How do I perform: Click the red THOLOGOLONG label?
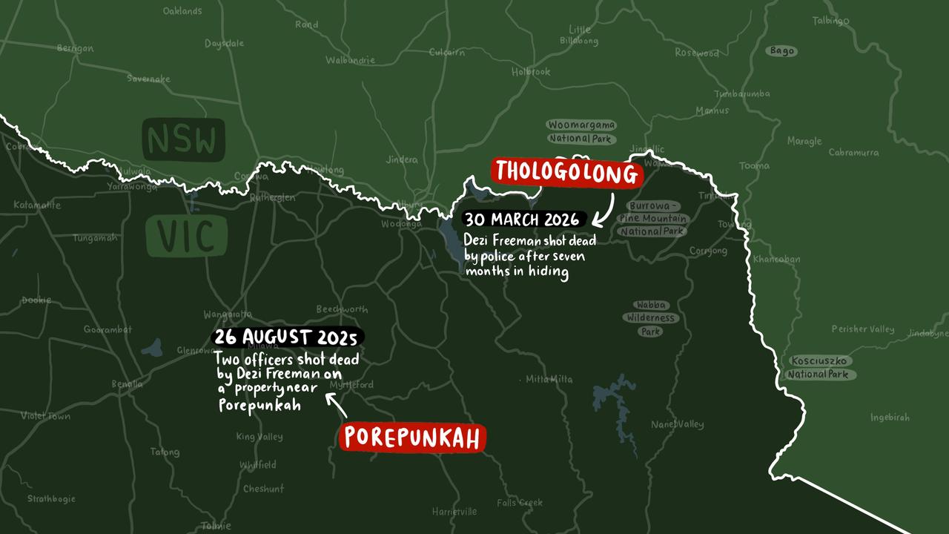pos(566,172)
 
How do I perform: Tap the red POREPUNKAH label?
pos(413,438)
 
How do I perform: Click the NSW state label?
pos(183,140)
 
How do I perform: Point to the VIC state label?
pos(186,237)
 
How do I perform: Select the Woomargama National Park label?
pos(581,131)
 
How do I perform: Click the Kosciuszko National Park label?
pos(820,367)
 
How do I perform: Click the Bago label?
pos(781,51)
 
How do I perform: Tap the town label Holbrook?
pos(531,72)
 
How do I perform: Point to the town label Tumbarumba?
pos(741,93)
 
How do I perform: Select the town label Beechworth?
pos(342,309)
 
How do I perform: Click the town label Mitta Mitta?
pos(549,379)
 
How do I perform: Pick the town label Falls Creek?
pos(520,502)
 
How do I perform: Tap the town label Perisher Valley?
pos(862,329)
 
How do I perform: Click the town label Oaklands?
pos(182,11)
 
